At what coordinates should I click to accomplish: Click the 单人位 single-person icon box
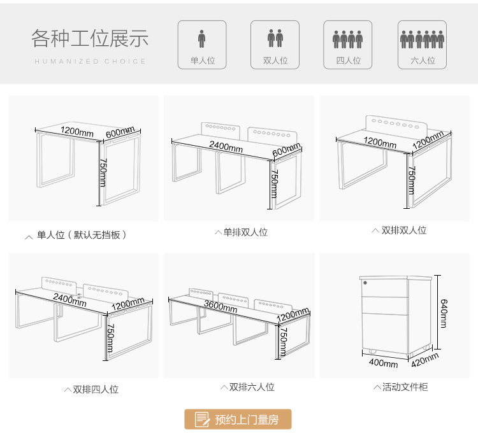tap(202, 45)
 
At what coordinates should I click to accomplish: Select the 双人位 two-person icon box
tap(275, 45)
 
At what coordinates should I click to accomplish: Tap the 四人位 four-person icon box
tap(348, 45)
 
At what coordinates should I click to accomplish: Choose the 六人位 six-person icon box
tap(422, 45)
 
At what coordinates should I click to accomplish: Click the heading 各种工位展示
tap(90, 38)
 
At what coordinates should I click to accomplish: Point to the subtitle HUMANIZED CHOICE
tap(90, 61)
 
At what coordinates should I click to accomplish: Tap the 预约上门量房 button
tap(238, 419)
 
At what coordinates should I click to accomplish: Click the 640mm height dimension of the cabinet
tap(444, 313)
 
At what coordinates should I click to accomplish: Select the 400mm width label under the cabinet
tap(384, 364)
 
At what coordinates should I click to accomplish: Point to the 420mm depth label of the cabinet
tap(425, 361)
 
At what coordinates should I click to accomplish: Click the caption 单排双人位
tap(242, 232)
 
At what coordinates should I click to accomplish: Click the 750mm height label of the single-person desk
tap(102, 173)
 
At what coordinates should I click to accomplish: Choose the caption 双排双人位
tap(400, 230)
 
